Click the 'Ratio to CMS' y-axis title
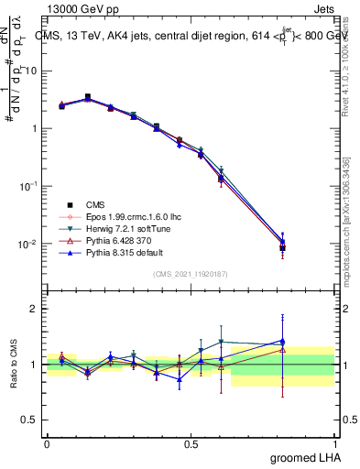pos(12,365)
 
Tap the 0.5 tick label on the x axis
pos(191,443)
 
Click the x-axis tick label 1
pos(336,443)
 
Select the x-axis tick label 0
pos(47,443)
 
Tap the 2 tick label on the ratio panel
pos(33,310)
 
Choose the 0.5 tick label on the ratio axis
pos(29,420)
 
